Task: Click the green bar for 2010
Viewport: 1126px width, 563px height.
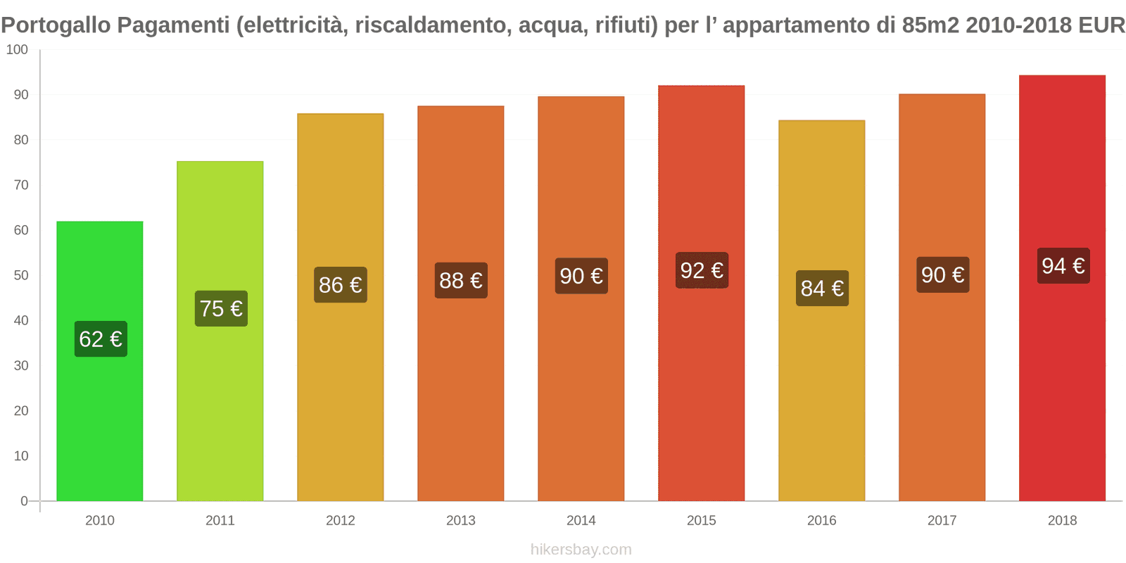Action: (99, 422)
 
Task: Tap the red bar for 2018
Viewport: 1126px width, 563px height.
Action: (1062, 387)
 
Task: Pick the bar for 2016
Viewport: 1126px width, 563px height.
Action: (821, 394)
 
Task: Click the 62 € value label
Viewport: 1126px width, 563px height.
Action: (101, 339)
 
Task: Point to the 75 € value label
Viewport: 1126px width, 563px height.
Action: (221, 309)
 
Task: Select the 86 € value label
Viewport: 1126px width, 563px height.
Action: (341, 285)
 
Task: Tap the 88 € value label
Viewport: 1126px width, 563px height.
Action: (461, 281)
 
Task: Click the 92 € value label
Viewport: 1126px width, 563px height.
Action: (702, 270)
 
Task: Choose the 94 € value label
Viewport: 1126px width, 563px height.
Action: (1063, 266)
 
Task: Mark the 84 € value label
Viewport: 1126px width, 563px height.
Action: (822, 289)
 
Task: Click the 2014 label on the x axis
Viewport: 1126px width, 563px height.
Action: (581, 521)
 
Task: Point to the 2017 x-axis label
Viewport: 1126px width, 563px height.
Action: (942, 521)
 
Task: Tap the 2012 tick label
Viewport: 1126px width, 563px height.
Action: (340, 521)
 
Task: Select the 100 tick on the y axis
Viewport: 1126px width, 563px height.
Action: (17, 50)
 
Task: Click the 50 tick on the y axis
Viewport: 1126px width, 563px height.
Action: (21, 275)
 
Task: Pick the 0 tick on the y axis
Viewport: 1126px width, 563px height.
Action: (24, 501)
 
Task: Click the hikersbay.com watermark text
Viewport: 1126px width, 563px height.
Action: (581, 550)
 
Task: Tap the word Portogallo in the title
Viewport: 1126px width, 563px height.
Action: (56, 25)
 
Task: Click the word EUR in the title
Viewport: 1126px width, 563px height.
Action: (1101, 25)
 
